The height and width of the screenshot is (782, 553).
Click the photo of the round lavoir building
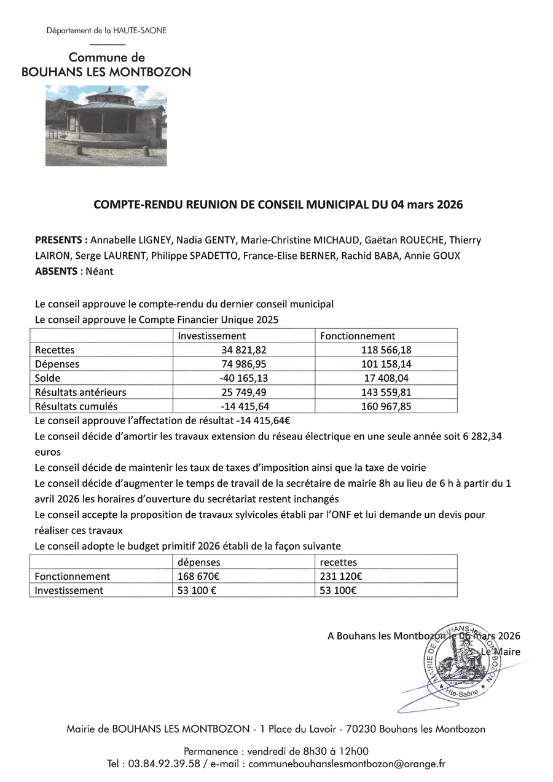click(106, 126)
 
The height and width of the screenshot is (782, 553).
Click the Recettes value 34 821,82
click(244, 350)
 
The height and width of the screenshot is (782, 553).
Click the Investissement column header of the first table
click(212, 336)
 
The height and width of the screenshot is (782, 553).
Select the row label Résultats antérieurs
click(80, 392)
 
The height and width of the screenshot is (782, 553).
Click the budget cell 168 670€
click(200, 576)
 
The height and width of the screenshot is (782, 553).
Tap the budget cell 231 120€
click(341, 576)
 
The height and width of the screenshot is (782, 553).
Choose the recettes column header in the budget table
click(338, 562)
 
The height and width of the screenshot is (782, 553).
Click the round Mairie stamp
click(461, 659)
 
